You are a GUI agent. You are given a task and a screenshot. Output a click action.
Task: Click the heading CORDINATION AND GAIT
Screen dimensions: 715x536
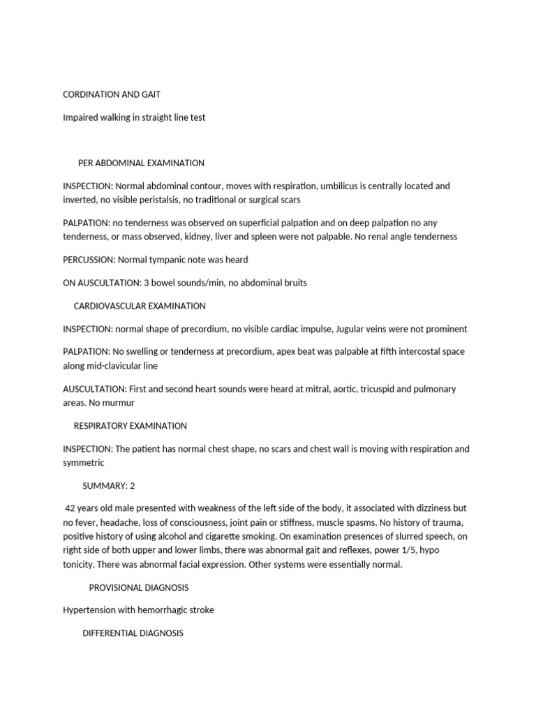(112, 94)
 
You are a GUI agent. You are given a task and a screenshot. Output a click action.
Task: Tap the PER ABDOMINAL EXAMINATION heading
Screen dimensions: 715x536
(141, 163)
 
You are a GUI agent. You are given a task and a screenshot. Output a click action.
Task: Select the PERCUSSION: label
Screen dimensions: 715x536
(89, 260)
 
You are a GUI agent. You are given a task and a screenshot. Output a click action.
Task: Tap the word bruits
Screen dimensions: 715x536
(293, 283)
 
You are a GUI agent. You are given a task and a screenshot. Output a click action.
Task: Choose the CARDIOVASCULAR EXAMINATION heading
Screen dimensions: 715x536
(140, 306)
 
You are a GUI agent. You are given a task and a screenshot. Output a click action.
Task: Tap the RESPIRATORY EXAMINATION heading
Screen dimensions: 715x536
(131, 425)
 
